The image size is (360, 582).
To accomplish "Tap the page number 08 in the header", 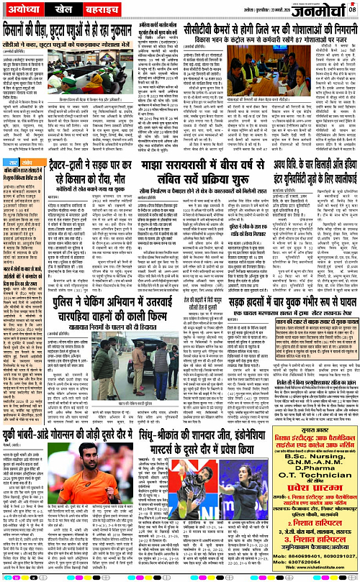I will (x=352, y=9).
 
